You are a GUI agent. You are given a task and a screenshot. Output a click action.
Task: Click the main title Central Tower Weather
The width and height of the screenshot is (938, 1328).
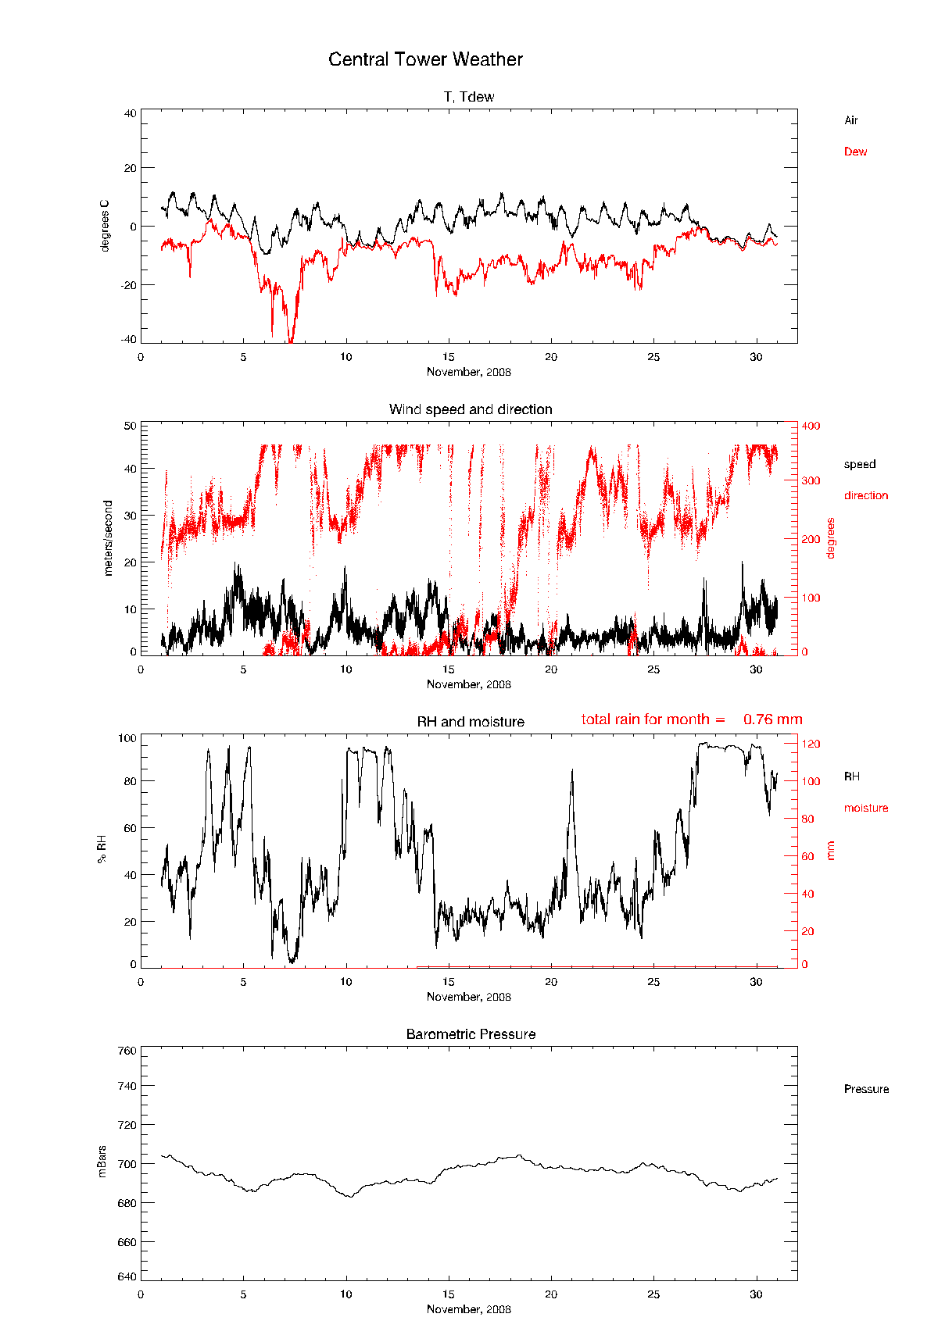(425, 59)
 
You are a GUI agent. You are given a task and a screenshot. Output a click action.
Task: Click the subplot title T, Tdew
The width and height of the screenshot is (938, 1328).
(469, 97)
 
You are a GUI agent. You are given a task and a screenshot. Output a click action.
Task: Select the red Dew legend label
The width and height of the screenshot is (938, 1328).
(855, 152)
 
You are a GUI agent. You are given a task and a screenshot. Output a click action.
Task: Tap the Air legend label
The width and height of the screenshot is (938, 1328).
(850, 120)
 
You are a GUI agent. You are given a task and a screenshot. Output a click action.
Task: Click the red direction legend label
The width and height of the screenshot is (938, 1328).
(865, 495)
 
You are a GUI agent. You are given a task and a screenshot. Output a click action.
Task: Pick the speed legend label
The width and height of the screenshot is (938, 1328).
(859, 464)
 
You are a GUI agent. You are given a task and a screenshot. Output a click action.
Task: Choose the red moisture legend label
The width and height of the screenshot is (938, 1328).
(865, 808)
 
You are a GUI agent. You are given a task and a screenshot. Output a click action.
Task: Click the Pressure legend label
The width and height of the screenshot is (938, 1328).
(866, 1089)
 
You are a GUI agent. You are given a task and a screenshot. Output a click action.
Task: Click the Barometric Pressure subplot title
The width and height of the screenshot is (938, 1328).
(471, 1034)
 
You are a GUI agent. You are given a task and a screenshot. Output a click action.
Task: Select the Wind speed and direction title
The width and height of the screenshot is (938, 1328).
(471, 409)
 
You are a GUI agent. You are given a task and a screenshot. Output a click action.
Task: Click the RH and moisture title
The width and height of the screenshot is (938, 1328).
(471, 722)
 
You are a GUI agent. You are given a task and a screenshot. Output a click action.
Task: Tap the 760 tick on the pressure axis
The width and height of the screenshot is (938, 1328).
(127, 1051)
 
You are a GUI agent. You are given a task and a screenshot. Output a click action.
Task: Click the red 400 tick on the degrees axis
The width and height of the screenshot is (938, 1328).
(811, 426)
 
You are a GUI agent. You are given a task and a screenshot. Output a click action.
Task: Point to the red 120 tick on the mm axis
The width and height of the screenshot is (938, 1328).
(811, 744)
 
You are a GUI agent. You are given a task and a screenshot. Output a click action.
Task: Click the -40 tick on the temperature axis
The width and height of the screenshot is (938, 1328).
(127, 339)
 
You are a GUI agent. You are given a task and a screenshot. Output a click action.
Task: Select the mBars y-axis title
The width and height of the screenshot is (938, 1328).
(102, 1162)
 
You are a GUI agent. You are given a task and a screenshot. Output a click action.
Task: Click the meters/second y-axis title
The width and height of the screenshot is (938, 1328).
(108, 538)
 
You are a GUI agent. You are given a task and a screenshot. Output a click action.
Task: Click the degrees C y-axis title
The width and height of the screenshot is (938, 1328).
(105, 226)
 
